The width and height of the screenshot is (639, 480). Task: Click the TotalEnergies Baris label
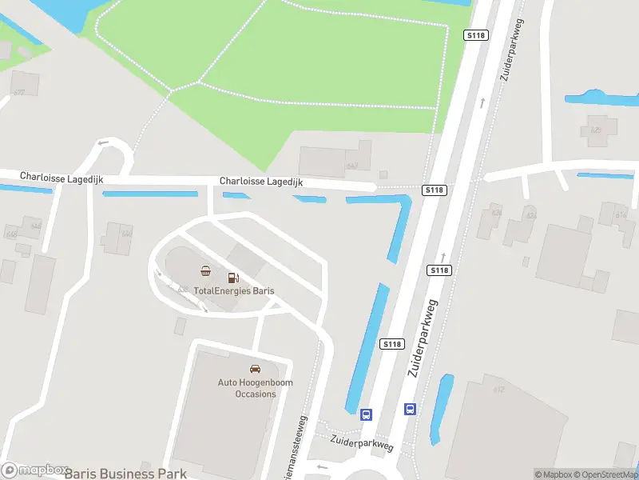tap(233, 290)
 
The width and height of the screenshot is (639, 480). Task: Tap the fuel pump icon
tap(233, 278)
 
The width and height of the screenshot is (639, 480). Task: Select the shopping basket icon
tap(206, 270)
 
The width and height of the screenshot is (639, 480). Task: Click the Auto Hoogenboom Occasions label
tap(255, 388)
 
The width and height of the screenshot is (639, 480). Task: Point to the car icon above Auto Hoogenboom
tap(255, 369)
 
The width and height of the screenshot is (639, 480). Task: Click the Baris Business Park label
tap(125, 473)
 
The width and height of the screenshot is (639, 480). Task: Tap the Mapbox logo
tap(34, 470)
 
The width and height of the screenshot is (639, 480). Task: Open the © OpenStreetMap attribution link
tap(605, 474)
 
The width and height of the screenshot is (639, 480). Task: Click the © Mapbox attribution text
tap(553, 474)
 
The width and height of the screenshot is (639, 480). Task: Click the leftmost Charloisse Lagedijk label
tap(62, 175)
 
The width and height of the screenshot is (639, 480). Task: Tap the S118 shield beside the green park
tap(475, 35)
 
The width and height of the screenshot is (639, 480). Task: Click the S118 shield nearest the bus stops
tap(391, 344)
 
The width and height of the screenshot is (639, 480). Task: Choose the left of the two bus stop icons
tap(367, 414)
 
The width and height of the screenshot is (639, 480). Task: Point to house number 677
tap(19, 93)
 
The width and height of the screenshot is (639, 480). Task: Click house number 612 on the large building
tap(499, 390)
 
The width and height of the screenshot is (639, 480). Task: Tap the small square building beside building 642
tap(383, 174)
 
